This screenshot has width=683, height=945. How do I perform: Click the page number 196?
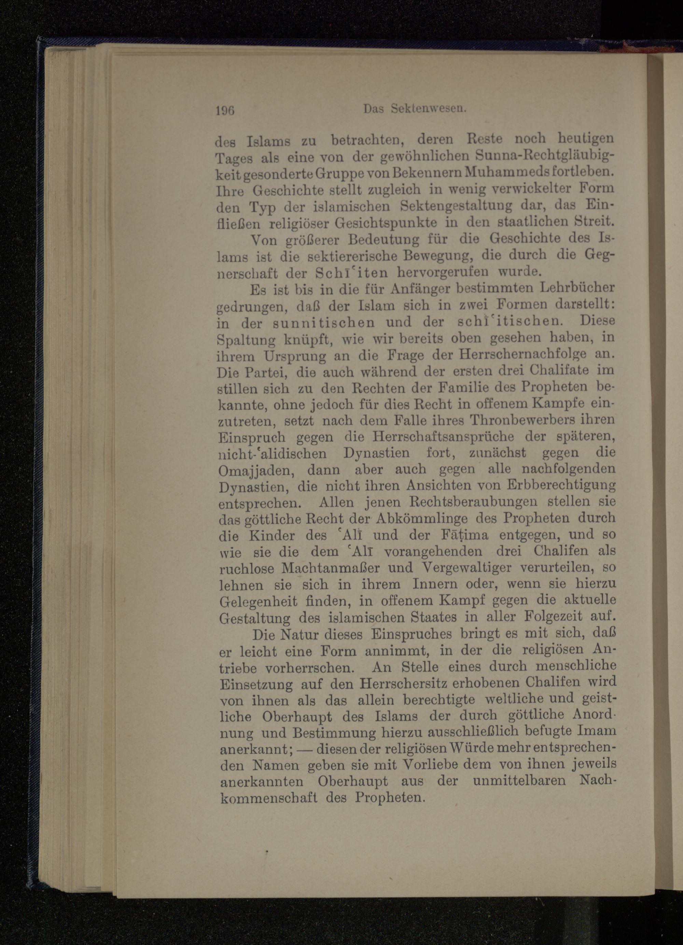(x=226, y=110)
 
